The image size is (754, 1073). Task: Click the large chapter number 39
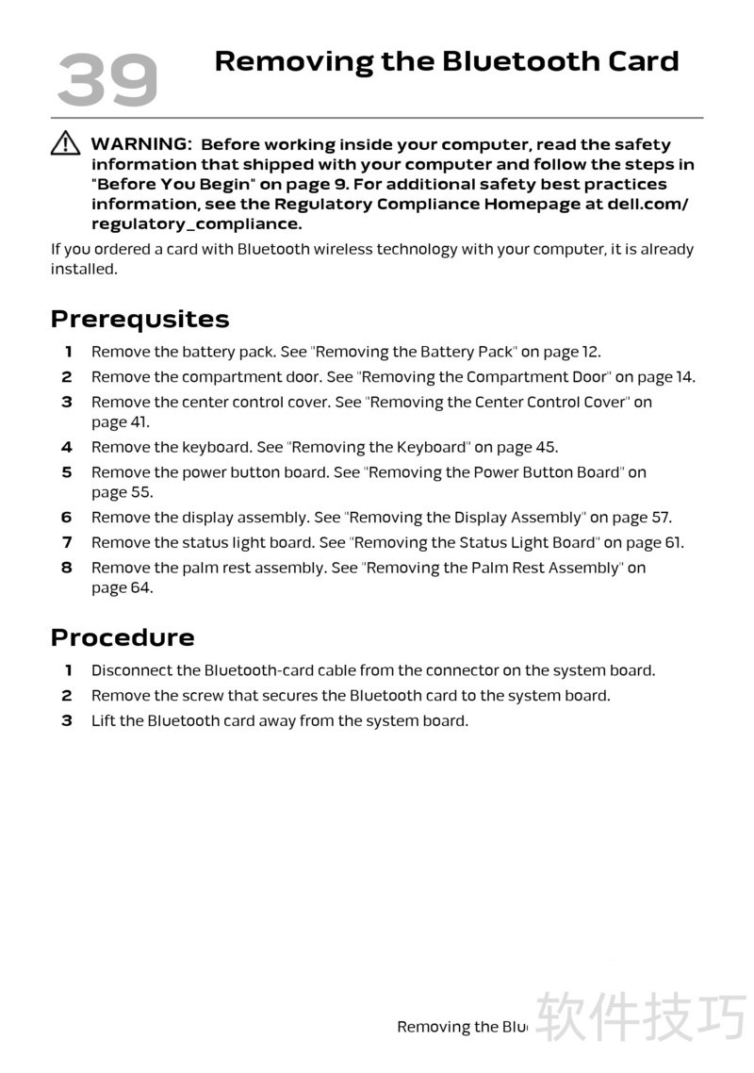[107, 79]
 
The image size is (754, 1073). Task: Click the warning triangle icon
[65, 143]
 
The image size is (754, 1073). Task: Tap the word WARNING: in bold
[141, 144]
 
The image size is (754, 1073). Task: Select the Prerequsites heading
[139, 319]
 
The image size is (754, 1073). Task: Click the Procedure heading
[123, 637]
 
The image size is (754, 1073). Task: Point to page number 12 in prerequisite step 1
[590, 352]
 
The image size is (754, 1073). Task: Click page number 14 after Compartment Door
[684, 377]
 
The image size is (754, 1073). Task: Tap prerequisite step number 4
[67, 447]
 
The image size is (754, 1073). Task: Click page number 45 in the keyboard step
[547, 447]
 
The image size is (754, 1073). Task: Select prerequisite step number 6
[67, 517]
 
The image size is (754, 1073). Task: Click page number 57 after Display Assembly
[661, 517]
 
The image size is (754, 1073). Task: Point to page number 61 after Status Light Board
[673, 542]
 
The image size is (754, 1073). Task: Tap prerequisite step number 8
[67, 568]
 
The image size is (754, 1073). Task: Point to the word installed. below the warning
[84, 269]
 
